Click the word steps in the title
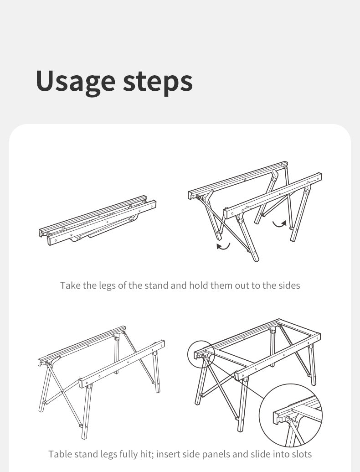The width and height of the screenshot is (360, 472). click(158, 82)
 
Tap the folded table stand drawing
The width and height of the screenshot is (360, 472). click(98, 221)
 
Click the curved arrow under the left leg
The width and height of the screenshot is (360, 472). click(223, 246)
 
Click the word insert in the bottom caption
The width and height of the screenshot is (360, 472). click(168, 454)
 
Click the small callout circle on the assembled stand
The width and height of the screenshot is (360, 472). click(201, 355)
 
